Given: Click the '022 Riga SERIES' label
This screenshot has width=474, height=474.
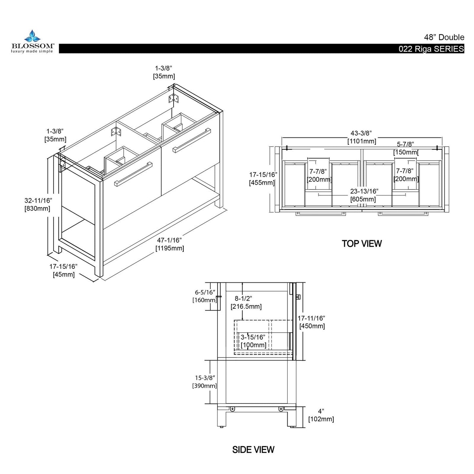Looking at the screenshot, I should click(x=431, y=49).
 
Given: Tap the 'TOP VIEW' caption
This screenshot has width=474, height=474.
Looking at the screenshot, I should click(x=361, y=244).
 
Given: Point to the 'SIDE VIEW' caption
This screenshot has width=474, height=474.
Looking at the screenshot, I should click(x=253, y=449).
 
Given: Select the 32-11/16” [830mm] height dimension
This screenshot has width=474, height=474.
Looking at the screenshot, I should click(x=38, y=204).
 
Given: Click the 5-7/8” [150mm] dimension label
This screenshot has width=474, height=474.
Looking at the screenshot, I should click(x=405, y=148).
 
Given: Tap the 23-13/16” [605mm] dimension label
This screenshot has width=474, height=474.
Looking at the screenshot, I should click(x=363, y=195).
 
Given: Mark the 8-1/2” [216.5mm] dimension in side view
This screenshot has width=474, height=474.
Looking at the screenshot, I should click(x=246, y=303).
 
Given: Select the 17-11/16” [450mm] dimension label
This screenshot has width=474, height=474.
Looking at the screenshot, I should click(x=312, y=322).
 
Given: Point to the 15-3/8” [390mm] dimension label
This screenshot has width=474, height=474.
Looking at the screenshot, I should click(x=204, y=382).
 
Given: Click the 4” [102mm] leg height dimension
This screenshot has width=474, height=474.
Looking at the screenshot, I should click(x=321, y=415).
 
